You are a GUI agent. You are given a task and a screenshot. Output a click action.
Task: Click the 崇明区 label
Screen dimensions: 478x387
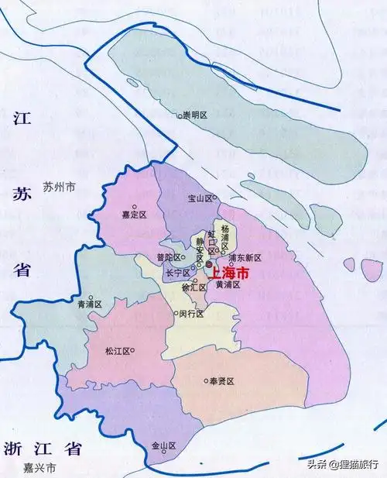[x=196, y=115]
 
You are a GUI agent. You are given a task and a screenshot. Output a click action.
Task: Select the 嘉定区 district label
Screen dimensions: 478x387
[x=135, y=215]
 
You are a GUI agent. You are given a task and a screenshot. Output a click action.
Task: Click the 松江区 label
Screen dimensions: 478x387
[x=117, y=351]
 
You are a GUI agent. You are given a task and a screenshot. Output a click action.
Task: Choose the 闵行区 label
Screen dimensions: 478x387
[x=190, y=314]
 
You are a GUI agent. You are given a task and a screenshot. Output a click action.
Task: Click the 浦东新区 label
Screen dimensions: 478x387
[x=245, y=257]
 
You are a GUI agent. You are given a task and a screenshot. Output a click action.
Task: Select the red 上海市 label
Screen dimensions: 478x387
[x=230, y=273]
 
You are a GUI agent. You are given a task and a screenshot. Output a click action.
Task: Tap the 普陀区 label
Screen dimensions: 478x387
[x=168, y=257]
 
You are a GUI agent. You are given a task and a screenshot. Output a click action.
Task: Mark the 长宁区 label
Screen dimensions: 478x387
[x=176, y=273]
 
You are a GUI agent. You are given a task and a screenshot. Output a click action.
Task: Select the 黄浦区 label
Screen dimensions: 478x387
[x=228, y=285]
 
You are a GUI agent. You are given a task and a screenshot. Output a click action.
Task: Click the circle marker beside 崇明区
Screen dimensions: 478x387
[x=177, y=115]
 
